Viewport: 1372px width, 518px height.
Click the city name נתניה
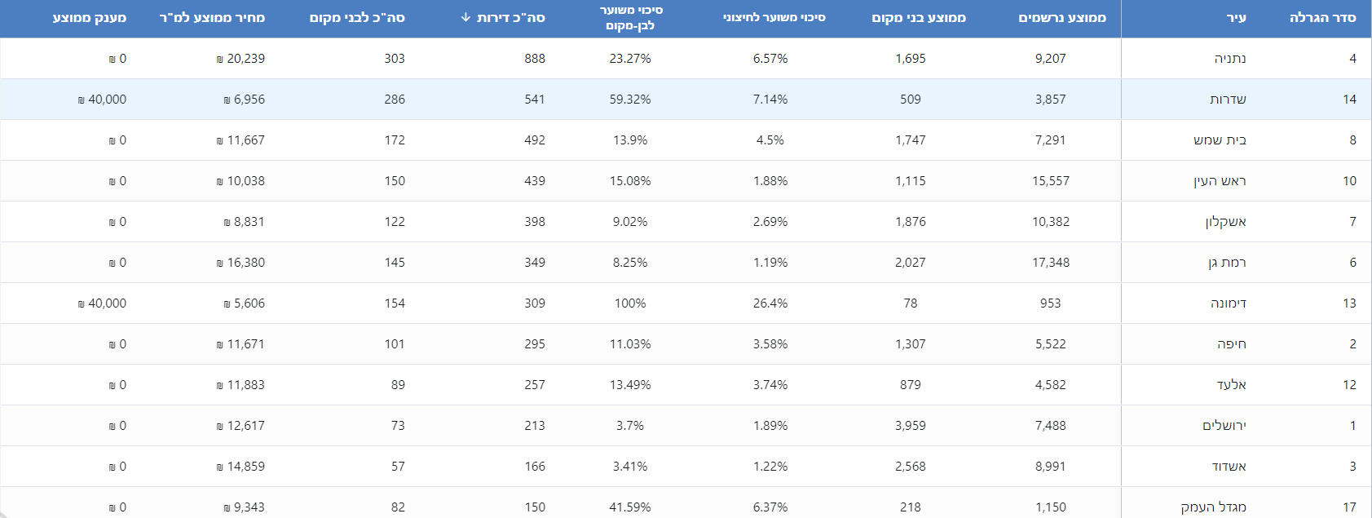[1229, 59]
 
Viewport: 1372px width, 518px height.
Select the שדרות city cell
[1228, 100]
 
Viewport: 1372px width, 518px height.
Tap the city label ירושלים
[1224, 426]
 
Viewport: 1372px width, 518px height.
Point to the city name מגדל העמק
[1213, 507]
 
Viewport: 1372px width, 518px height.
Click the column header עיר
[1236, 18]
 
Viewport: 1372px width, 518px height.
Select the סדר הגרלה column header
[1322, 18]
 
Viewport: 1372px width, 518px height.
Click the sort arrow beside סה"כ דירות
[465, 17]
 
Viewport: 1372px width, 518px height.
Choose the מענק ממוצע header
[90, 18]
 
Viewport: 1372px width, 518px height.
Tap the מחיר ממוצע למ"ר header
[212, 18]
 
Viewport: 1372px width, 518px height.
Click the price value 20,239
[245, 59]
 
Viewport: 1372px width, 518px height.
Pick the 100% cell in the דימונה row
[630, 303]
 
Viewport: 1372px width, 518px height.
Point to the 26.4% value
[770, 303]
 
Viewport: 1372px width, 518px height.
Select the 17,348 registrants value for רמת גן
[1051, 263]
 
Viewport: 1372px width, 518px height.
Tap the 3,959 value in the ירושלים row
[911, 426]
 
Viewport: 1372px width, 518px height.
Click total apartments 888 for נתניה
[535, 59]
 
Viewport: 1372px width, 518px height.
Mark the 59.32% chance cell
[630, 100]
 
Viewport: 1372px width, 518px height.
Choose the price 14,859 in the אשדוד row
[245, 467]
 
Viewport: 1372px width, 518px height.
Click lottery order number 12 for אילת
[1349, 385]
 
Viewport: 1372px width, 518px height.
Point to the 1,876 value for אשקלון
[911, 222]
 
